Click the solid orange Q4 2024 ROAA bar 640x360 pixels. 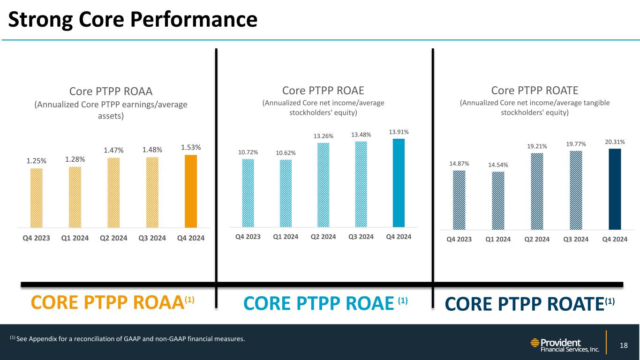[x=191, y=191]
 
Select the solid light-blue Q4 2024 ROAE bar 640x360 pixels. [x=399, y=183]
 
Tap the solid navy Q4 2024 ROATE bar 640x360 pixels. [x=615, y=189]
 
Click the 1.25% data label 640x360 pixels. [x=36, y=161]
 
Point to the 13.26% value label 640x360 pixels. [x=324, y=136]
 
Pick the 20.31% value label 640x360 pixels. [x=615, y=142]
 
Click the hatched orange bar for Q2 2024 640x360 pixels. [x=113, y=192]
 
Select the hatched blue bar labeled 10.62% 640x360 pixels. [x=286, y=193]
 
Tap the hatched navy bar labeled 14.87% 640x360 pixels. [x=459, y=200]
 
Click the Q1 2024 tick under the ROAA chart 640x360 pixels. [x=75, y=238]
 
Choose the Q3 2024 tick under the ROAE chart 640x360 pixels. [x=361, y=237]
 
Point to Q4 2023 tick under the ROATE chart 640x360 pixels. [x=459, y=240]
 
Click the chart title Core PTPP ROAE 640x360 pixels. [x=323, y=90]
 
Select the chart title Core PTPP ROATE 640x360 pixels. [x=535, y=90]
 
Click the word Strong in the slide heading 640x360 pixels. [x=40, y=19]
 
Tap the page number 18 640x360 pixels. [x=624, y=346]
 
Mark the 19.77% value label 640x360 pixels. [x=576, y=144]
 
